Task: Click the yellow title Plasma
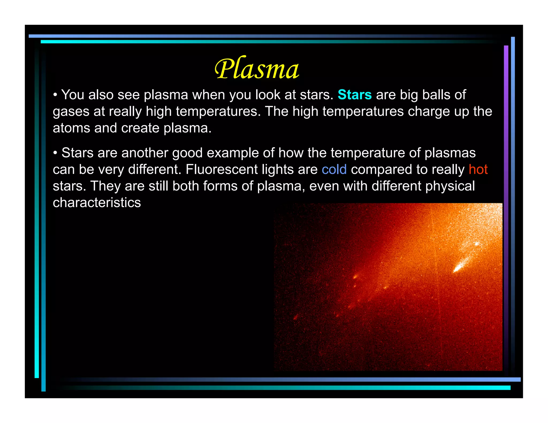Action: pyautogui.click(x=257, y=69)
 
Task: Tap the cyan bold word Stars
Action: pyautogui.click(x=355, y=95)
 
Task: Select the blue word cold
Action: pyautogui.click(x=334, y=170)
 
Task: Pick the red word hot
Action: pyautogui.click(x=478, y=170)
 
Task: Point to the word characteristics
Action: pyautogui.click(x=97, y=203)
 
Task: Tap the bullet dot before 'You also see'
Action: pyautogui.click(x=55, y=95)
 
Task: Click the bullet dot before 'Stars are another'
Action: pyautogui.click(x=55, y=153)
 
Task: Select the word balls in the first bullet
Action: pyautogui.click(x=436, y=95)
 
